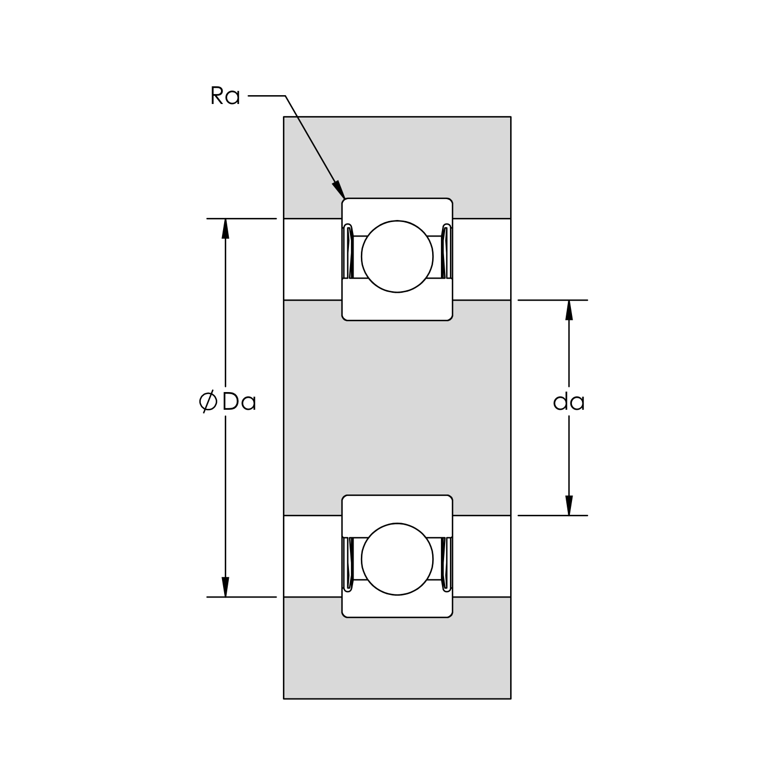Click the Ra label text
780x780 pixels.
tap(225, 97)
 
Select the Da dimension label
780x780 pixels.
tap(239, 402)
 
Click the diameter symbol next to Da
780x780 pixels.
tap(207, 402)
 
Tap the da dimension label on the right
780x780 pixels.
tap(569, 402)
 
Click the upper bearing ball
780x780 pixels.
tap(397, 256)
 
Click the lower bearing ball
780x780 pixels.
tap(397, 559)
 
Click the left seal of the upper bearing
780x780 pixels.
tap(349, 252)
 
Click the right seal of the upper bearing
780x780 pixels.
tap(446, 252)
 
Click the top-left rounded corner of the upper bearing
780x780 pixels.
tap(344, 201)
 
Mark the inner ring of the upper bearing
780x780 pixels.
tap(397, 307)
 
